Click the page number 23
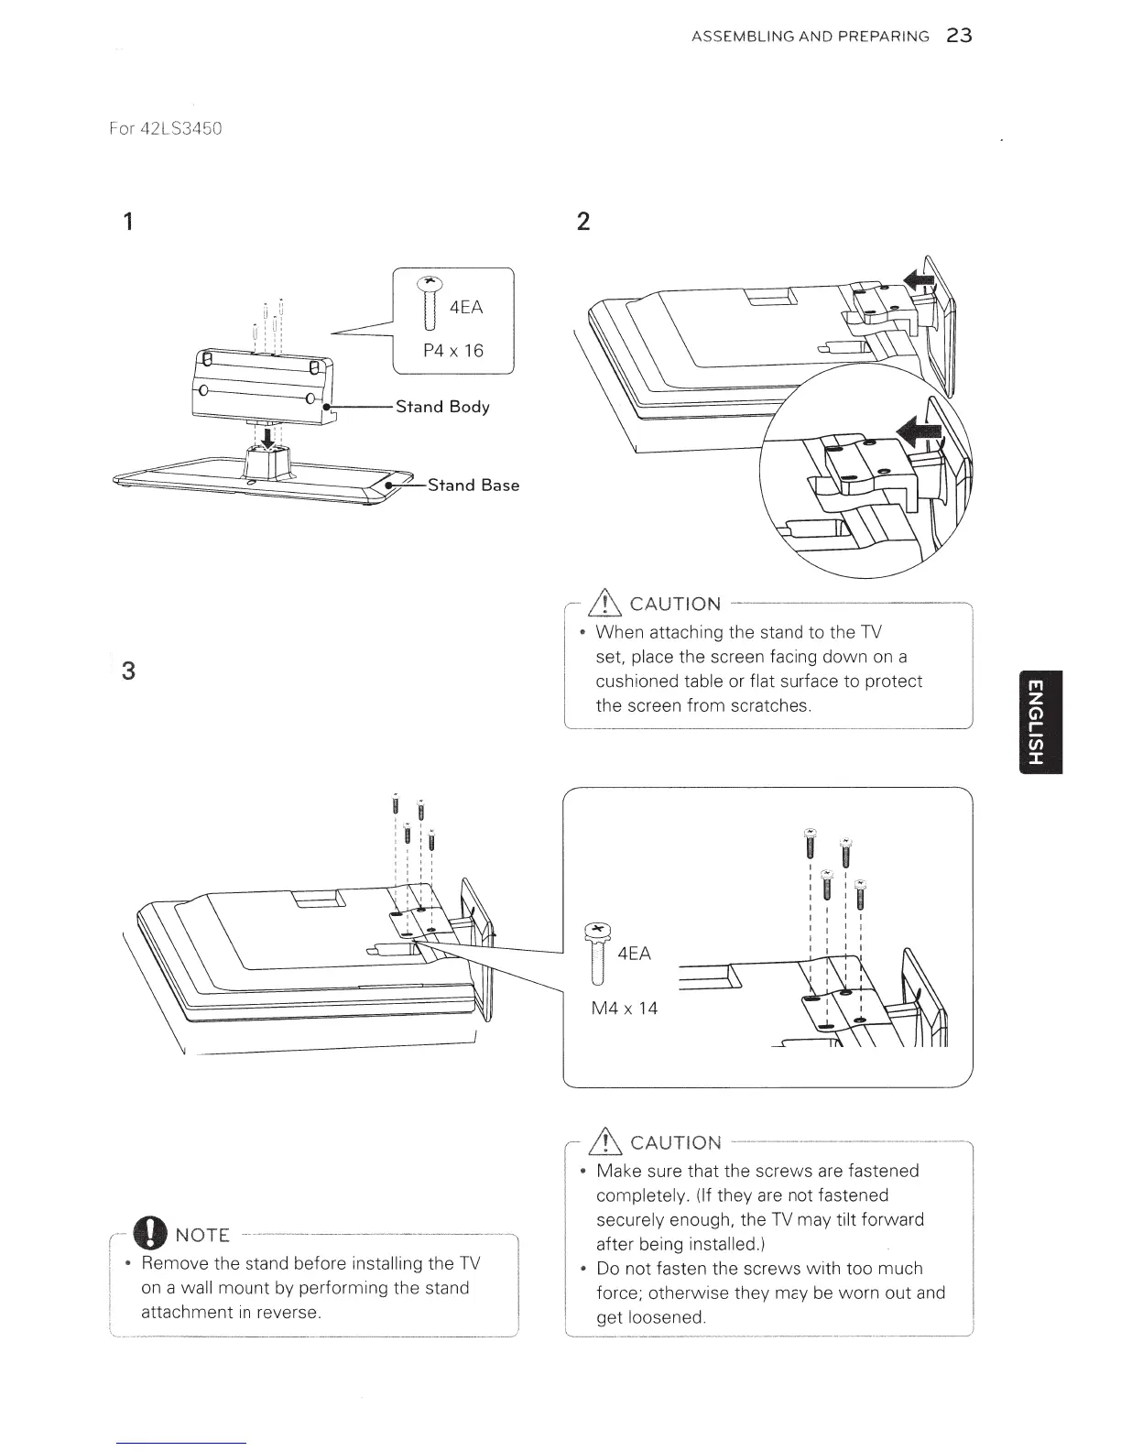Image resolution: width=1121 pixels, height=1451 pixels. tap(960, 36)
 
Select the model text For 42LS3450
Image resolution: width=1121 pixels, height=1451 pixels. tap(165, 128)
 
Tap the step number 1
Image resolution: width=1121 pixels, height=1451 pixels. tap(129, 222)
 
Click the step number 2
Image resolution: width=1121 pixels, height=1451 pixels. tap(583, 222)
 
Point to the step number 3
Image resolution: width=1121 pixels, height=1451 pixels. tap(129, 671)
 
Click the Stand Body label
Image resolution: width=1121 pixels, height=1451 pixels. tap(442, 407)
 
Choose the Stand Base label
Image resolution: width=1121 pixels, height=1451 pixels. tap(473, 485)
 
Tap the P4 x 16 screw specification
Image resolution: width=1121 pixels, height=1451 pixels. tap(453, 351)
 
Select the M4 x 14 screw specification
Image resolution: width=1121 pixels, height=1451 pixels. tap(625, 1009)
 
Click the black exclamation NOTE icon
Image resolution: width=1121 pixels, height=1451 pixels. tap(149, 1235)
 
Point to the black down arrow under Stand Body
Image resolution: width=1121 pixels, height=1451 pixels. tap(267, 437)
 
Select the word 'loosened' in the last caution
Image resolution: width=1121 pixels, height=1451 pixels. tap(665, 1318)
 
